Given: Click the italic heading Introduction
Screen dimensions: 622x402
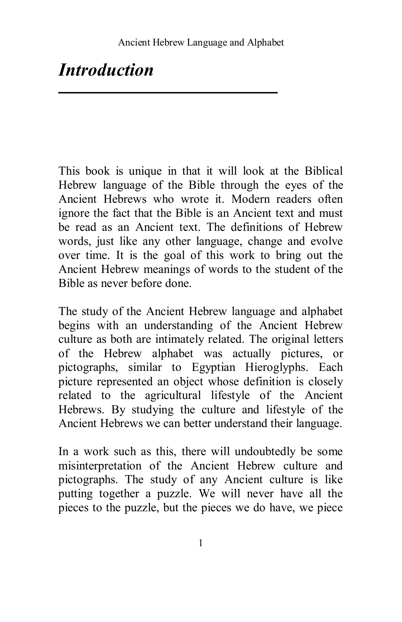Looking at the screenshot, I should (106, 70).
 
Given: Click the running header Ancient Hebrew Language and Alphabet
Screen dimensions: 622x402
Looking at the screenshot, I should (201, 42).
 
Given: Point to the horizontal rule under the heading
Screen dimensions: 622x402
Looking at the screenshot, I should (168, 92).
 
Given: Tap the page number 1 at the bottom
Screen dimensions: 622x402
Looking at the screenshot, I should (201, 544).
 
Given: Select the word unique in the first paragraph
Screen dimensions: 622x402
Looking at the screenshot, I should (145, 171).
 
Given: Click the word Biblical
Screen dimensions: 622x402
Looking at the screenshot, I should (323, 171).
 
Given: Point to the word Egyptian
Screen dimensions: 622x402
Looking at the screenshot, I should (213, 367).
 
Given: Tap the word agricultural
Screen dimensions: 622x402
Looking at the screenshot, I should (173, 396).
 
